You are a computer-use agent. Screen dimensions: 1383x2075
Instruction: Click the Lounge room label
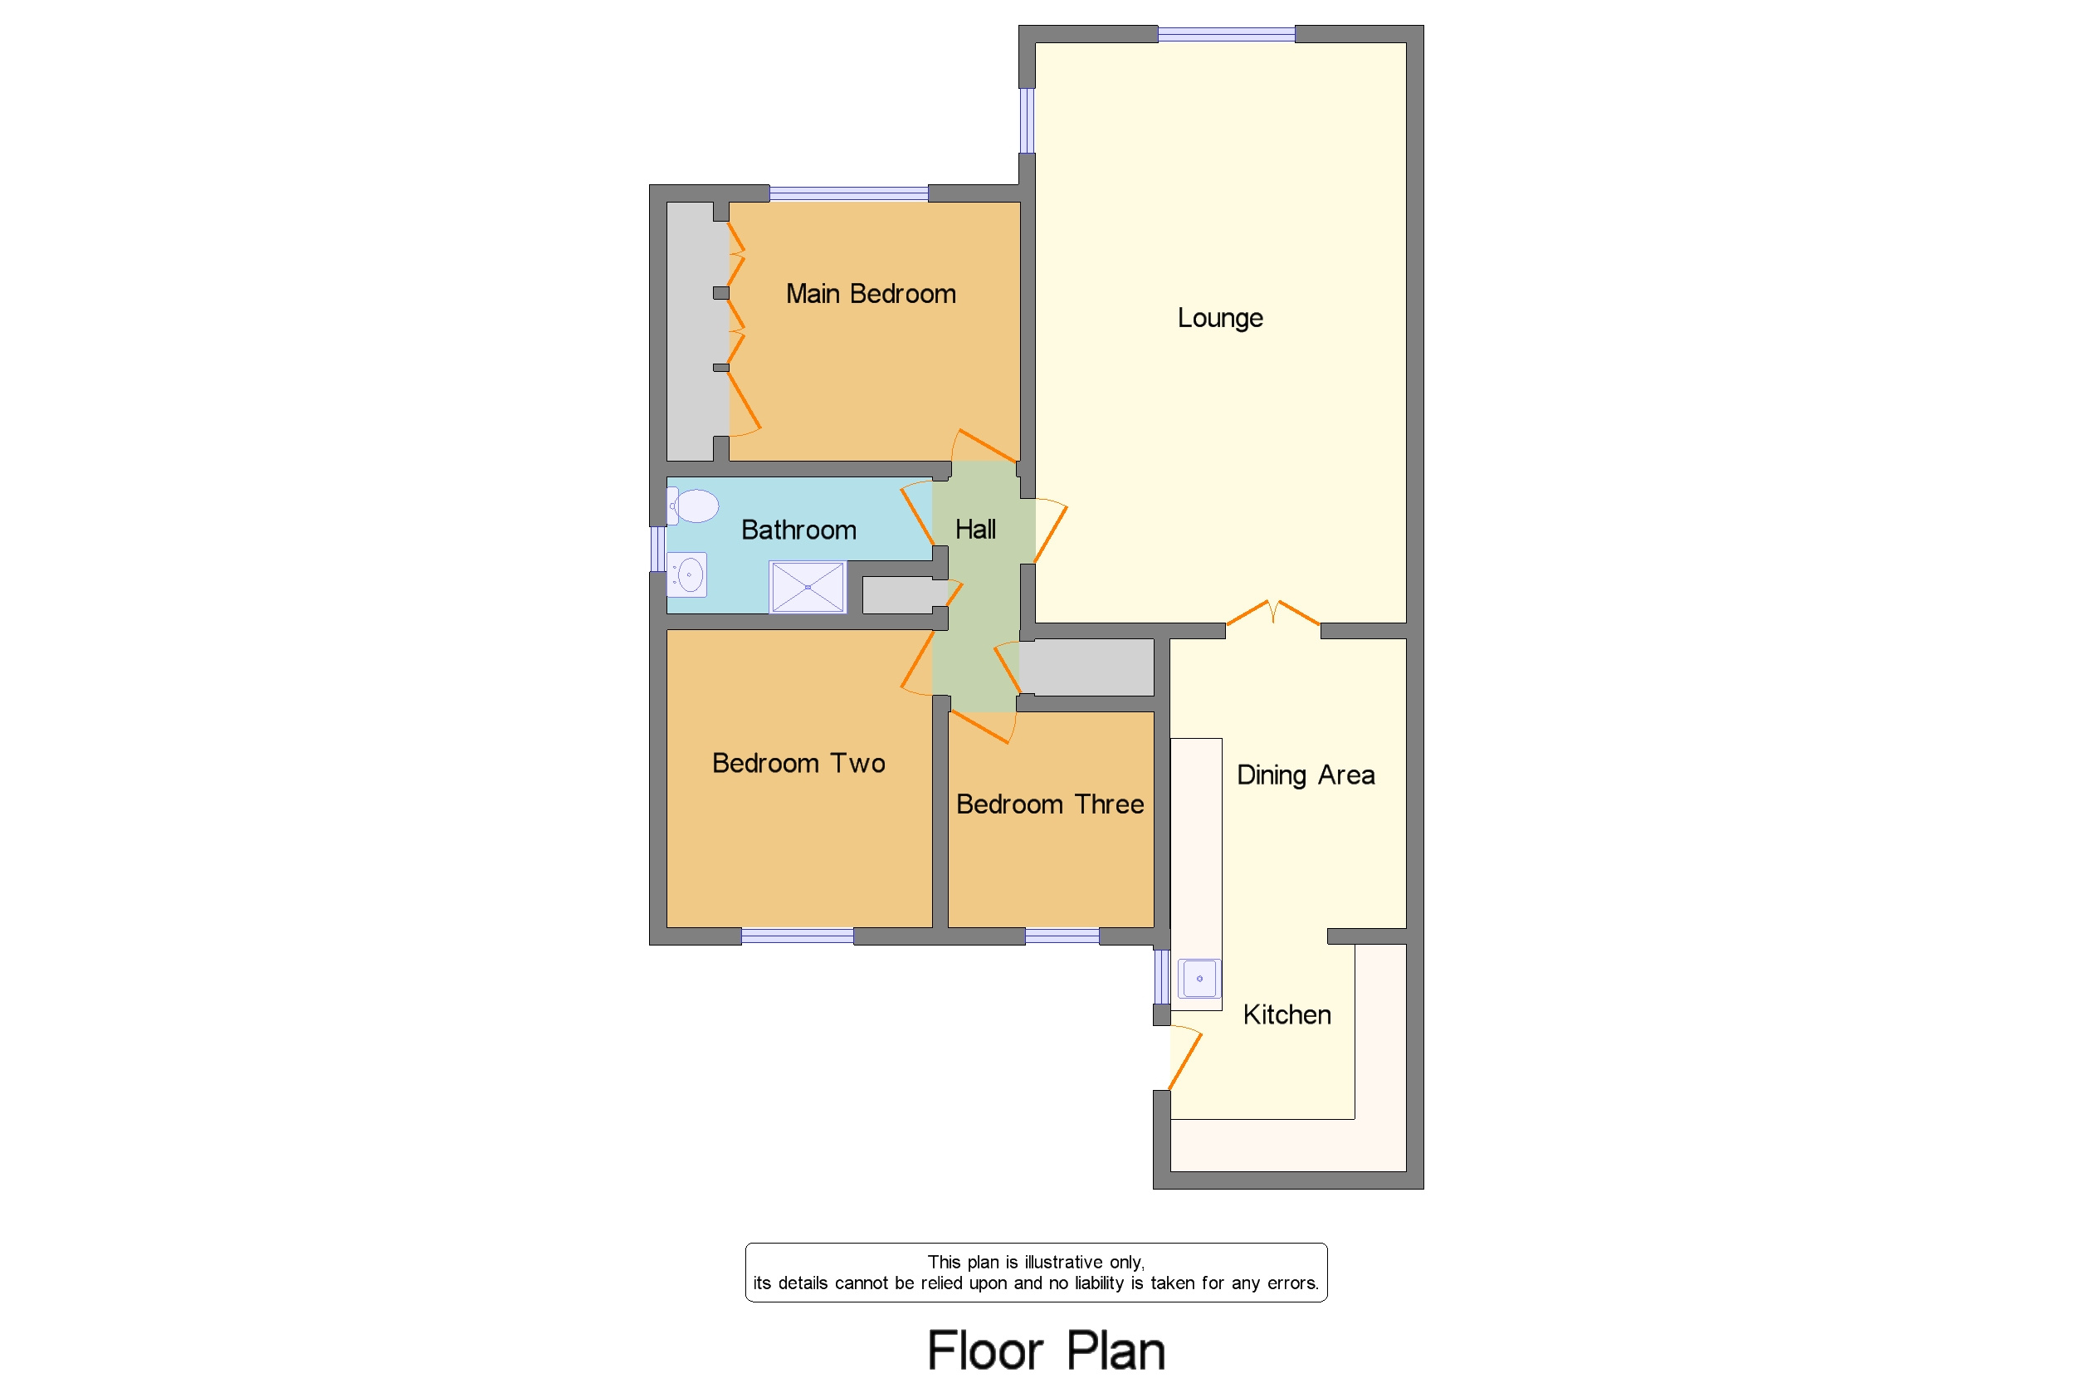pyautogui.click(x=1219, y=317)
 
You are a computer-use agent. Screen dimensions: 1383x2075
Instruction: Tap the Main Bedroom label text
pyautogui.click(x=871, y=294)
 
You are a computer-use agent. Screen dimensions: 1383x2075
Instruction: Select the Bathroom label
pyautogui.click(x=798, y=530)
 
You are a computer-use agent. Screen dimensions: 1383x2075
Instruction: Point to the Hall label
pyautogui.click(x=975, y=530)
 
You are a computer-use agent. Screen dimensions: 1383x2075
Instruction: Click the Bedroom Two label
pyautogui.click(x=798, y=763)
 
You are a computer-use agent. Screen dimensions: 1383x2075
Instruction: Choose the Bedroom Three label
pyautogui.click(x=1049, y=804)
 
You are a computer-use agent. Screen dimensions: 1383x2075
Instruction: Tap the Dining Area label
pyautogui.click(x=1305, y=775)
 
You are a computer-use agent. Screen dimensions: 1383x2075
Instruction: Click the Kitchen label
pyautogui.click(x=1286, y=1015)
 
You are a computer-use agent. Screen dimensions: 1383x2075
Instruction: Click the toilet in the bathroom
pyautogui.click(x=694, y=506)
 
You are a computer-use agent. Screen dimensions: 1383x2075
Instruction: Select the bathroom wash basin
pyautogui.click(x=688, y=575)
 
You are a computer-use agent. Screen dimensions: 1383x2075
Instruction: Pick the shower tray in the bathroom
pyautogui.click(x=807, y=587)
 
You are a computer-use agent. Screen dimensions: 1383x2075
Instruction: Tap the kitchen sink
pyautogui.click(x=1199, y=979)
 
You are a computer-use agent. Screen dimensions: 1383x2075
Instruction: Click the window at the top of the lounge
pyautogui.click(x=1226, y=34)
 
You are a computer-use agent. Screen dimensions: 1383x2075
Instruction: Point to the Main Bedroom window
pyautogui.click(x=847, y=193)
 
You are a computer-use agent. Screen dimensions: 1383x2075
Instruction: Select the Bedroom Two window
pyautogui.click(x=796, y=936)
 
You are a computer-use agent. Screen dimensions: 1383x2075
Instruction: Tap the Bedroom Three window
pyautogui.click(x=1062, y=936)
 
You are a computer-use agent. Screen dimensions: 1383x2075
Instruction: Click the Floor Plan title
pyautogui.click(x=1046, y=1351)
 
